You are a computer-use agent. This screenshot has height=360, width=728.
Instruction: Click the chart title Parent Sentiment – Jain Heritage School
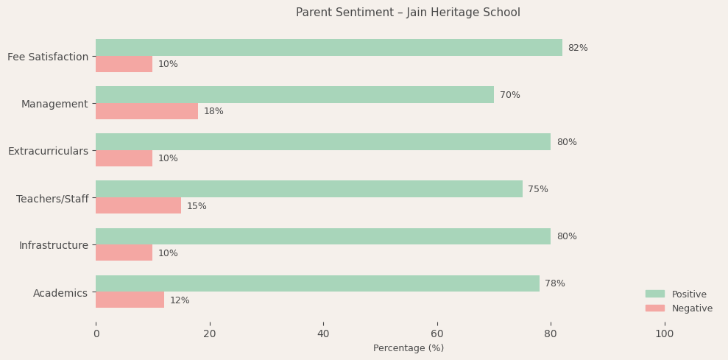408,13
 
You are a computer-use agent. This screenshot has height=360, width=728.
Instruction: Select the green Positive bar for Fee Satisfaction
328,48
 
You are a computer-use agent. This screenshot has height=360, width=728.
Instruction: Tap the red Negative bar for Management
146,111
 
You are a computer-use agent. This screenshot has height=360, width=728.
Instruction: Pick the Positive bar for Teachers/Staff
308,189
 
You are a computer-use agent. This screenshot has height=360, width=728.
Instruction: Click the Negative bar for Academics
130,300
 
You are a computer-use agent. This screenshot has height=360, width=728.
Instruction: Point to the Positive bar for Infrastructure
322,236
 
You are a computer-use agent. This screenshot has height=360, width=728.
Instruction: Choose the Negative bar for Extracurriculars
124,158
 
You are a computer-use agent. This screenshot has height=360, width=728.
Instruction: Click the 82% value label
577,48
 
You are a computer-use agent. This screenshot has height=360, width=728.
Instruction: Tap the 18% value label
213,111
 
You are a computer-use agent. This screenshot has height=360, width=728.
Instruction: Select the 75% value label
537,189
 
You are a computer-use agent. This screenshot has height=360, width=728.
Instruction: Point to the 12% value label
180,300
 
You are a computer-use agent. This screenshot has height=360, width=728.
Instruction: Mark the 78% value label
554,283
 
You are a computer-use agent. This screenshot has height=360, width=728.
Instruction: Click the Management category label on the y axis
54,104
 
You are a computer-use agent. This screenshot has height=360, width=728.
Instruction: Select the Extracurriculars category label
48,151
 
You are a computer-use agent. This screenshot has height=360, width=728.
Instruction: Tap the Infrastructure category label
53,245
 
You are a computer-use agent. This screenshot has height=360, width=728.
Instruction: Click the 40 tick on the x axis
323,333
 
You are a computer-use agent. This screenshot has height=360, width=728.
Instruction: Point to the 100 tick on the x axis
664,333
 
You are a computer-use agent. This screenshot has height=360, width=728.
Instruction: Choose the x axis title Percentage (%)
408,348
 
